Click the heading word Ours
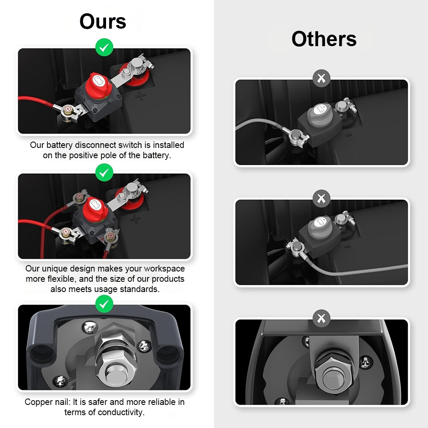[x=103, y=21]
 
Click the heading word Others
[x=324, y=39]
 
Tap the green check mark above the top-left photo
[x=104, y=47]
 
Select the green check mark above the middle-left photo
[x=104, y=172]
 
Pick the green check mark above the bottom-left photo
[x=104, y=304]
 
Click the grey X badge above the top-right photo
[x=321, y=78]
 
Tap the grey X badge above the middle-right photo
[x=321, y=198]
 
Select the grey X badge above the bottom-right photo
[x=321, y=318]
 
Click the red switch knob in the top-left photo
[x=98, y=85]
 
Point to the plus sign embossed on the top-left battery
[x=140, y=95]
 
